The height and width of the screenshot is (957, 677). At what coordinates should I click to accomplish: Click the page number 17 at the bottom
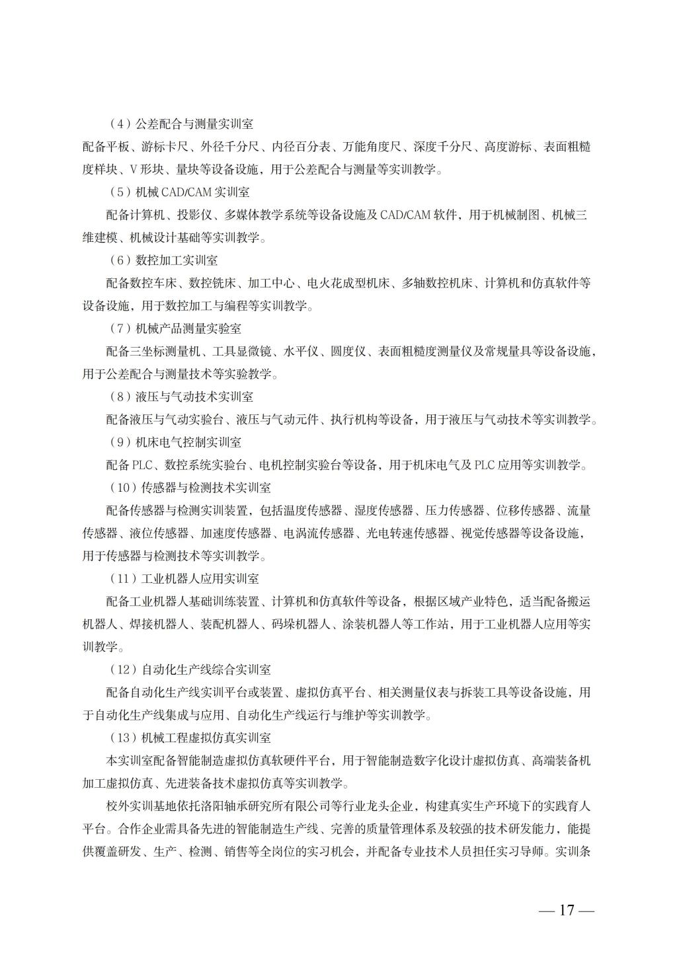tap(567, 910)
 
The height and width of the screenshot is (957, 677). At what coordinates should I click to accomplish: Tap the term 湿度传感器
tap(384, 511)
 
